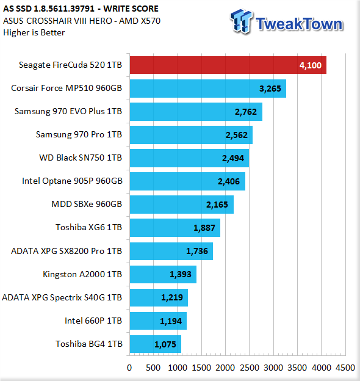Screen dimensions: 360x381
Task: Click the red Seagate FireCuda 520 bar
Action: pos(228,65)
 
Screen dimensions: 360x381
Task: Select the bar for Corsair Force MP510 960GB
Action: pos(208,89)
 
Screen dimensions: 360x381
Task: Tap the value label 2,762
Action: pos(246,112)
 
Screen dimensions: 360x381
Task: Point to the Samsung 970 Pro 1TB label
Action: pos(79,134)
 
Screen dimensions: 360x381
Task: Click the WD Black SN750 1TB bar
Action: pos(189,158)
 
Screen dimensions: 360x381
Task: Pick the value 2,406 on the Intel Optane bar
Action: pos(229,181)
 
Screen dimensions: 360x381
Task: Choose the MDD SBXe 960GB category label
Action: pos(87,204)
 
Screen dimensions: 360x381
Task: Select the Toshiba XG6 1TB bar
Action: pos(175,228)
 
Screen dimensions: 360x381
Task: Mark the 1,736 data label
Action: pos(197,251)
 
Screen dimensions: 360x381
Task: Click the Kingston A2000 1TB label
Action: pos(82,274)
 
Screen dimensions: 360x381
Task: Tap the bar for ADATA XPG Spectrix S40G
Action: pos(159,298)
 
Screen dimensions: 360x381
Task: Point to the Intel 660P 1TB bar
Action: pos(158,321)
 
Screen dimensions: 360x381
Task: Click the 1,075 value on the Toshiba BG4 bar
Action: pos(165,344)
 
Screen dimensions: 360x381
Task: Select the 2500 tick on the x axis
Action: pos(250,368)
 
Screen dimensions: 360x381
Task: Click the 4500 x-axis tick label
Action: pos(345,368)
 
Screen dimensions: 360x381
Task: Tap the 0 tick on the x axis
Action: pos(129,368)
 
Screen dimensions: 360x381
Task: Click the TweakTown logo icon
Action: pos(242,21)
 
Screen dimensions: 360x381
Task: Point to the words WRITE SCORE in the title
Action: pos(131,9)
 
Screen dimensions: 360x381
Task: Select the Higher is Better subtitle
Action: pos(34,32)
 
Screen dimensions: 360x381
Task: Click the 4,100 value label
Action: pos(311,65)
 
